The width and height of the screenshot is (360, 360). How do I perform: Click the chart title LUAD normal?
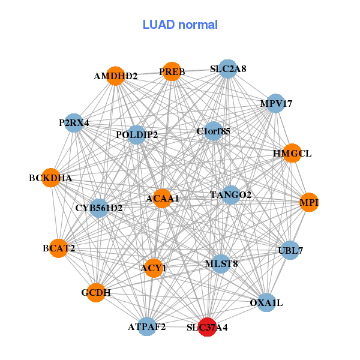(x=180, y=25)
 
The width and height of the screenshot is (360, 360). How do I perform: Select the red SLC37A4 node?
(x=207, y=327)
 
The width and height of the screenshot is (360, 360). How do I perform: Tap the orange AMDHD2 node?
(x=116, y=76)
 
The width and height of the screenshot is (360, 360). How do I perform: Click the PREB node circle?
(x=172, y=71)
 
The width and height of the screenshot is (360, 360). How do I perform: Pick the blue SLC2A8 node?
(x=227, y=69)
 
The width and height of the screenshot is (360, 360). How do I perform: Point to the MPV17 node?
(x=275, y=103)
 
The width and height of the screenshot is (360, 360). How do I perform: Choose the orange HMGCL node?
(x=292, y=153)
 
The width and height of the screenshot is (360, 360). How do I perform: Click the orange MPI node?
(x=309, y=203)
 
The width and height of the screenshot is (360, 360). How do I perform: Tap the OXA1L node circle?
(x=266, y=303)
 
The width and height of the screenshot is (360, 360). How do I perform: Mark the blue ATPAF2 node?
(x=147, y=326)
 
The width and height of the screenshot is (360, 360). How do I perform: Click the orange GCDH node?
(x=96, y=292)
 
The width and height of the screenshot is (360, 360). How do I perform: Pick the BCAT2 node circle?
(x=59, y=248)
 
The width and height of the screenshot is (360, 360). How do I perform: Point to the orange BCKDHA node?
(x=51, y=178)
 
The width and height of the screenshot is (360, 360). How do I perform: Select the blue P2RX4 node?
(x=74, y=122)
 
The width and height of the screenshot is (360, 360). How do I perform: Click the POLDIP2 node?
(x=137, y=134)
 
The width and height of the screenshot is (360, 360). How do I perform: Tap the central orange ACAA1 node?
(x=162, y=198)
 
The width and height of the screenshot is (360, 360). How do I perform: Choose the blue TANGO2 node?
(x=231, y=194)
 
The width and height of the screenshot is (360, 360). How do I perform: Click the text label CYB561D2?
(x=99, y=208)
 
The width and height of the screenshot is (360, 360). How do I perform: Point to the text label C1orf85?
(x=214, y=130)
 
